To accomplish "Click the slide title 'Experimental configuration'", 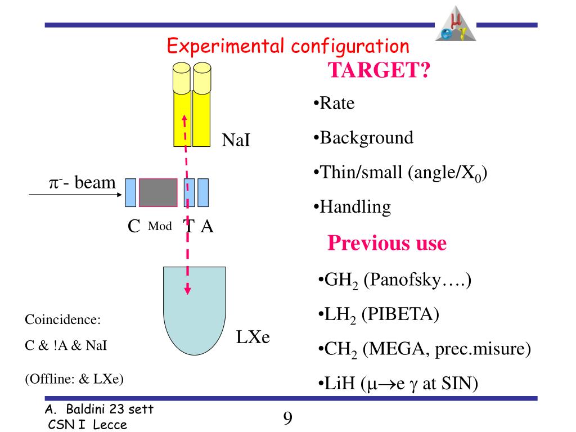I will pyautogui.click(x=287, y=46).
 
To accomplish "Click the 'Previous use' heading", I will pyautogui.click(x=386, y=244).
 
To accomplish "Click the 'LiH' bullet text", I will pyautogui.click(x=340, y=384).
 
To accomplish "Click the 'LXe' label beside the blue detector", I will pyautogui.click(x=253, y=338).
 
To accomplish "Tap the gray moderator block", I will pyautogui.click(x=158, y=192).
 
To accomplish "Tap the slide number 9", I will pyautogui.click(x=287, y=418).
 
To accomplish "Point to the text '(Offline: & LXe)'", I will pyautogui.click(x=74, y=379).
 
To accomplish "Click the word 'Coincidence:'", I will pyautogui.click(x=62, y=320).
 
